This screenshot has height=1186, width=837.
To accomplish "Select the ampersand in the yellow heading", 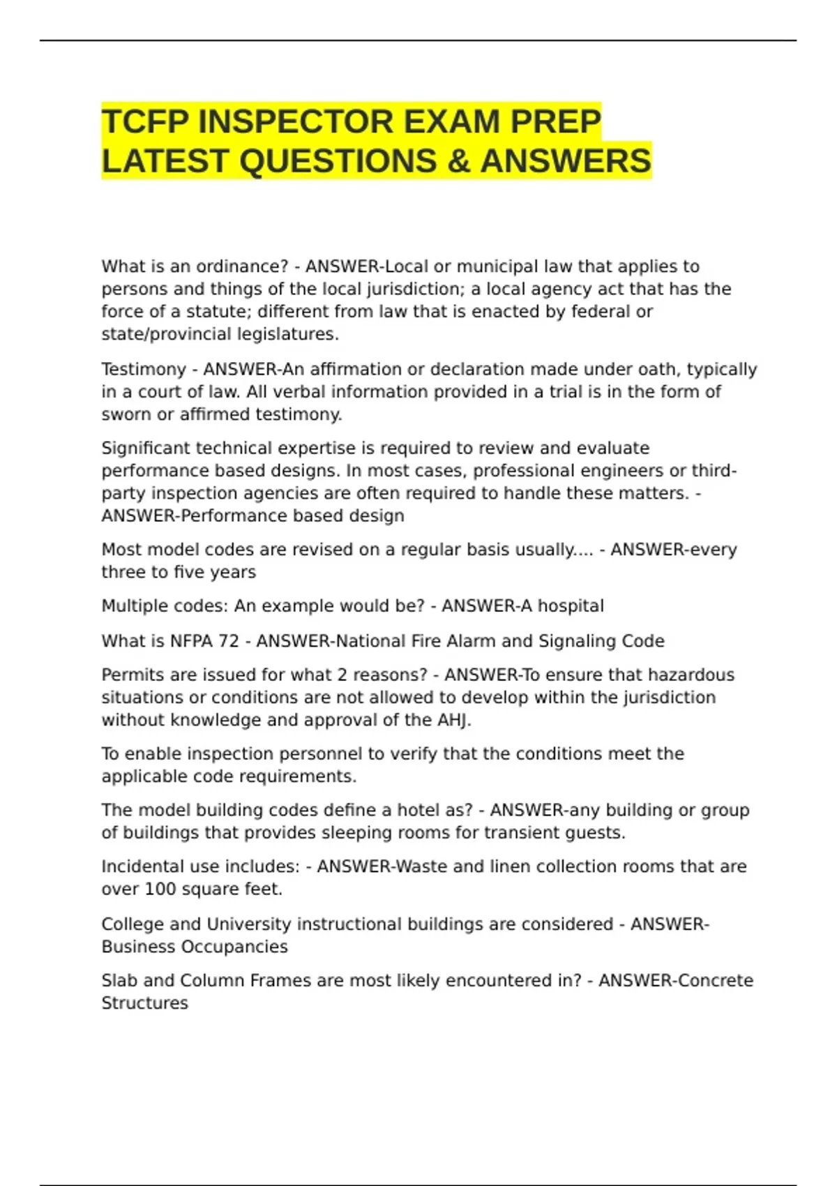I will (x=458, y=161).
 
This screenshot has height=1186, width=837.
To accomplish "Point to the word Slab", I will (x=119, y=980).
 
